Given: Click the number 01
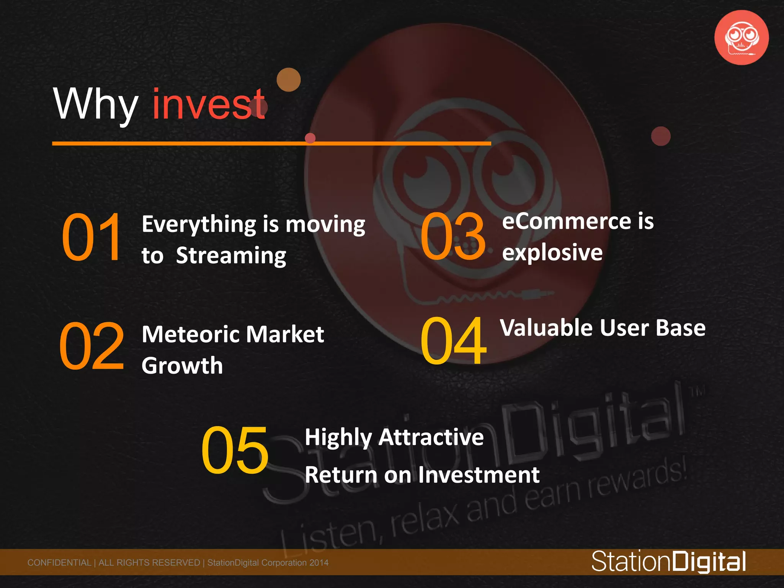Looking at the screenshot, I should (92, 237).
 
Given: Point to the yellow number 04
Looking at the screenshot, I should (453, 340).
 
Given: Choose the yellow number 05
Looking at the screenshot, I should (235, 450).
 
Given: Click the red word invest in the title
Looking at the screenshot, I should (209, 104).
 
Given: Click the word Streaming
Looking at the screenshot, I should (231, 256).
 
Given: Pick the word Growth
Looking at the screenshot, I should (182, 366).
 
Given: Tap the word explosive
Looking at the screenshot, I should (552, 253).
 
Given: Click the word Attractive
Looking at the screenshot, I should (431, 437).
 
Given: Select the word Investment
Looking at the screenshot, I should (479, 475).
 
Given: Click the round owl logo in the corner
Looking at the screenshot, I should (742, 38).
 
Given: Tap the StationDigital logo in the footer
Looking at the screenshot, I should (668, 562).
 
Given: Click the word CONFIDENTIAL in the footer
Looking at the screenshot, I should (59, 563).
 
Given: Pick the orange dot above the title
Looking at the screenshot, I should (289, 80).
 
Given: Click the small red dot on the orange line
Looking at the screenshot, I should (310, 138).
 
